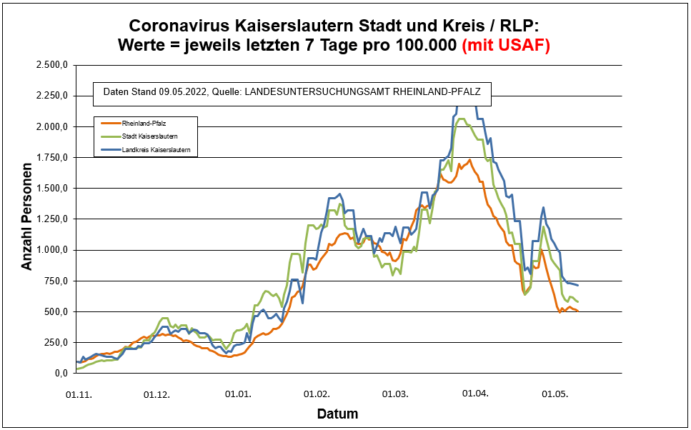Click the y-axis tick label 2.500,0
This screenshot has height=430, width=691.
pyautogui.click(x=51, y=65)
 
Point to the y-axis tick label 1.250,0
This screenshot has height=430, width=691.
pyautogui.click(x=51, y=219)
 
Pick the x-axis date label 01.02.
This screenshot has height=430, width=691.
pyautogui.click(x=316, y=394)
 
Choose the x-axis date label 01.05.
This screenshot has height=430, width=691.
pyautogui.click(x=554, y=394)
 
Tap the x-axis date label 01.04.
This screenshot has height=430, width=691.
pyautogui.click(x=474, y=394)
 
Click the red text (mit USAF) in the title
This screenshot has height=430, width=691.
pyautogui.click(x=506, y=45)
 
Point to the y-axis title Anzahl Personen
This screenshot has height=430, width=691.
pyautogui.click(x=27, y=219)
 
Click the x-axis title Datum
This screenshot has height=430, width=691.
pyautogui.click(x=337, y=414)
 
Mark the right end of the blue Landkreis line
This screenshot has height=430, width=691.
pyautogui.click(x=577, y=286)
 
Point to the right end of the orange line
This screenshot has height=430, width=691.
pyautogui.click(x=577, y=311)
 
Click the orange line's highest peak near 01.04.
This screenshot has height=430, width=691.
pyautogui.click(x=469, y=159)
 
